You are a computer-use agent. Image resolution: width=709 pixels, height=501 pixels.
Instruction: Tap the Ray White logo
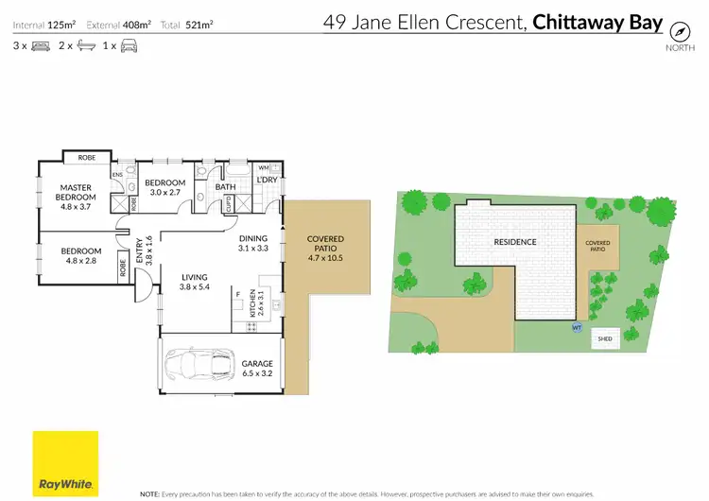[65, 462]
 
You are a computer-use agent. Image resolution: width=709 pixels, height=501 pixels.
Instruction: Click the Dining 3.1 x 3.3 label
[252, 244]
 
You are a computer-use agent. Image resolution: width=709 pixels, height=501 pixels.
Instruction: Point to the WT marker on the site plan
[576, 327]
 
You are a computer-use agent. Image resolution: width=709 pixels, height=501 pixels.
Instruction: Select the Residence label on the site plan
[515, 242]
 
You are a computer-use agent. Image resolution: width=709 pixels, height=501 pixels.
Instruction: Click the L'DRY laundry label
[267, 180]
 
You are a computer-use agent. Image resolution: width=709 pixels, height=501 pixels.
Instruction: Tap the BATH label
[225, 187]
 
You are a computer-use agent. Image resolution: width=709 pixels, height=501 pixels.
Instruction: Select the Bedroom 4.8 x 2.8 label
[80, 255]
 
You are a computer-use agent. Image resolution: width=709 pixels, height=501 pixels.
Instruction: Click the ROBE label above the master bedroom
[86, 158]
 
